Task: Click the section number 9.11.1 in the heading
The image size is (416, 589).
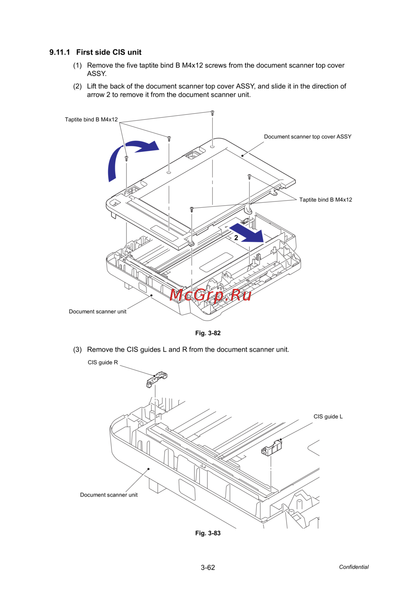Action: pos(59,52)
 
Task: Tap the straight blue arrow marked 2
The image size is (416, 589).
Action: pos(248,233)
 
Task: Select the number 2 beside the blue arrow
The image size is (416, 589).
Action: pos(236,238)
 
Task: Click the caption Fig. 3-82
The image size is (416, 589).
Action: pos(208,333)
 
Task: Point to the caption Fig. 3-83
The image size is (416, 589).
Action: pos(208,533)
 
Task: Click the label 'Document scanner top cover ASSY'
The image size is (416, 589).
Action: pos(307,137)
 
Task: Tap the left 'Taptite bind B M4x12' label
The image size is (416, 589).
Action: pos(91,119)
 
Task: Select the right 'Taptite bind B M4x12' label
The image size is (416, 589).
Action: pos(325,200)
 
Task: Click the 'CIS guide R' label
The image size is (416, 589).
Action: pos(103,363)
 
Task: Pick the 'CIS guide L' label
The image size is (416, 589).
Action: pos(328,417)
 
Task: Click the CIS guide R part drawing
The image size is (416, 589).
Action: pos(157,379)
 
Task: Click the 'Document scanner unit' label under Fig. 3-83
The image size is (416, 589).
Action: pos(109,495)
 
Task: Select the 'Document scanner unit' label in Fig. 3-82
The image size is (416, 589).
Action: pos(97,312)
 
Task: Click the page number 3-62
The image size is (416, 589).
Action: pos(208,567)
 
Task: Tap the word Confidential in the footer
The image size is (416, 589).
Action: pos(354,567)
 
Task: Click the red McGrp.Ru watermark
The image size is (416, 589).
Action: pos(210,295)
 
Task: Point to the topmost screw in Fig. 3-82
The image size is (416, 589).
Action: pos(212,112)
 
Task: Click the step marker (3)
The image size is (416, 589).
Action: pos(77,350)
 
